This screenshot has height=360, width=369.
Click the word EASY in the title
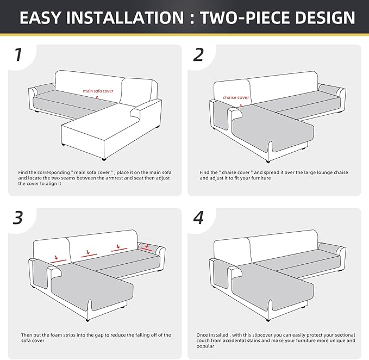pos(40,17)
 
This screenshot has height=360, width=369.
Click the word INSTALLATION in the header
pos(125,17)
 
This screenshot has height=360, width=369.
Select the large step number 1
pos(18,54)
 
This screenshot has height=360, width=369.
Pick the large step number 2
pos(198,54)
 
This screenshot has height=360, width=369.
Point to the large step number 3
pos(18,218)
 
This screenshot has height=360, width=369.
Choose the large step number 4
pos(198,218)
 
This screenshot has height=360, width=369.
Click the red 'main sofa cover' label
pos(98,91)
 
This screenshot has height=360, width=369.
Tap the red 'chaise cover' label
pos(236,97)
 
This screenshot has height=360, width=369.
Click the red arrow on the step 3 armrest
pos(147,246)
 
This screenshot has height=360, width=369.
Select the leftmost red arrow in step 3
pos(57,257)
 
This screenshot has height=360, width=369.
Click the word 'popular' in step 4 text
pos(205,346)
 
